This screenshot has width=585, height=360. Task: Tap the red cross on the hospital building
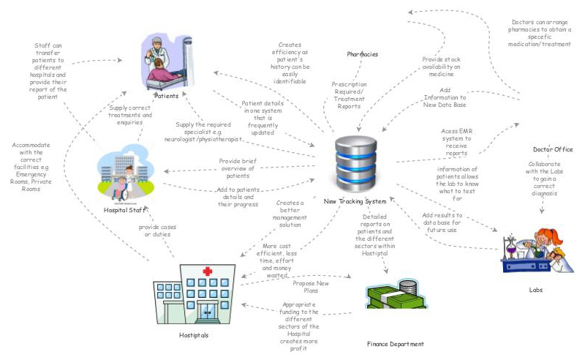(x=208, y=271)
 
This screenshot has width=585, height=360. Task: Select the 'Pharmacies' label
(x=362, y=55)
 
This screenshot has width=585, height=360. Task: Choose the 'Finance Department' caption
(x=395, y=343)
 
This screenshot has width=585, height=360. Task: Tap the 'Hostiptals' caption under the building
(x=194, y=335)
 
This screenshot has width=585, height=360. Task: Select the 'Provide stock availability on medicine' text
(x=442, y=67)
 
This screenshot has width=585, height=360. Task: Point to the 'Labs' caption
(x=536, y=290)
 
